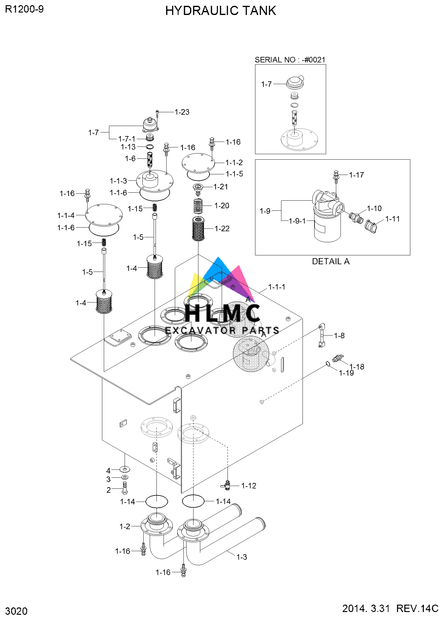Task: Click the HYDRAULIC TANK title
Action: tap(220, 11)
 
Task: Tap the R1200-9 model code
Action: tap(24, 9)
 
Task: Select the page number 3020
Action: tap(16, 611)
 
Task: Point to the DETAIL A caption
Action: tap(330, 261)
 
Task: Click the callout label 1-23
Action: tap(182, 112)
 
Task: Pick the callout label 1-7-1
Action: tap(127, 139)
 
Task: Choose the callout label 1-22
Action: tap(222, 229)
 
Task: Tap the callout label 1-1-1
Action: tap(277, 287)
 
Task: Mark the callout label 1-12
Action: tap(249, 486)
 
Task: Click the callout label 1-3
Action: tap(242, 557)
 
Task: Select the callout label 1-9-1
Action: tap(297, 221)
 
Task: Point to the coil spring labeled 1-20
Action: tap(198, 206)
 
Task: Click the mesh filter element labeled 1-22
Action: tap(198, 228)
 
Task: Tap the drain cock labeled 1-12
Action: tap(227, 485)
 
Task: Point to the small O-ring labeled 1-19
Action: tap(328, 364)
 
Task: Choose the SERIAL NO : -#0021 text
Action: tap(290, 60)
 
